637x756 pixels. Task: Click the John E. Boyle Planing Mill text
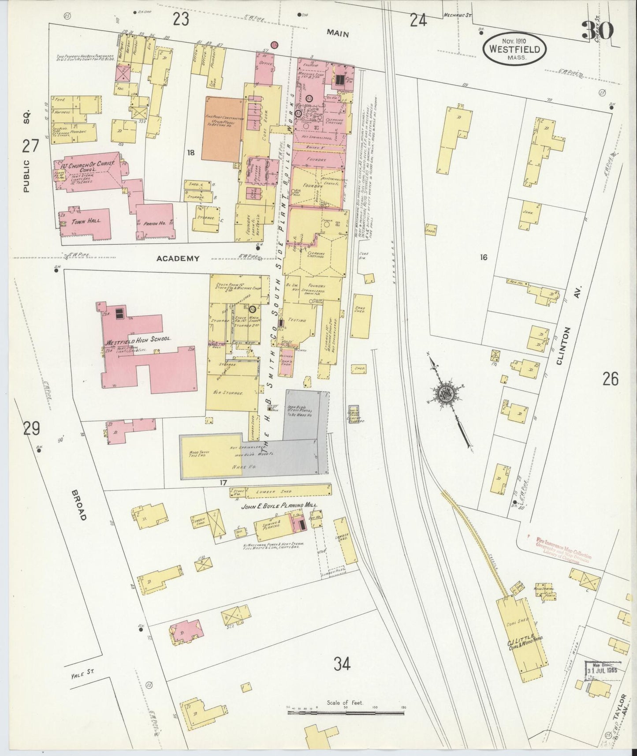279,506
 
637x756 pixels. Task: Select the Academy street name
178,259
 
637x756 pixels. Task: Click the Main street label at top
338,34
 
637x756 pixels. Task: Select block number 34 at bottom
342,664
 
